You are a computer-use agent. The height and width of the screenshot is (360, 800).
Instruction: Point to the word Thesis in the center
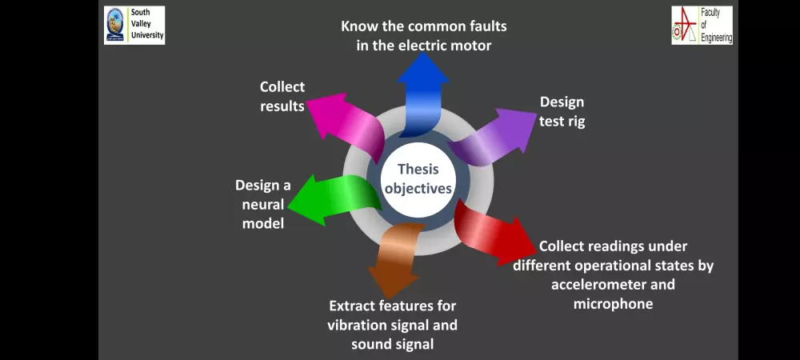418,169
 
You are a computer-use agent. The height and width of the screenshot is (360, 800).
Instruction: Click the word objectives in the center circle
418,189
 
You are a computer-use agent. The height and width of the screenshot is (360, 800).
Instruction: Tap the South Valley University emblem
116,25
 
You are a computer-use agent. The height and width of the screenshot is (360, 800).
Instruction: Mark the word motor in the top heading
471,45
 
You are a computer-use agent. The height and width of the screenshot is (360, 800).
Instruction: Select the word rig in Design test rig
575,122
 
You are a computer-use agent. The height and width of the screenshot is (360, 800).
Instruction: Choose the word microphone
613,303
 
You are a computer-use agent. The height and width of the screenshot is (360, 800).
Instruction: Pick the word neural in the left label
262,204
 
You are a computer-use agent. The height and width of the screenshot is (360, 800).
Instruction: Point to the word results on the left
282,106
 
